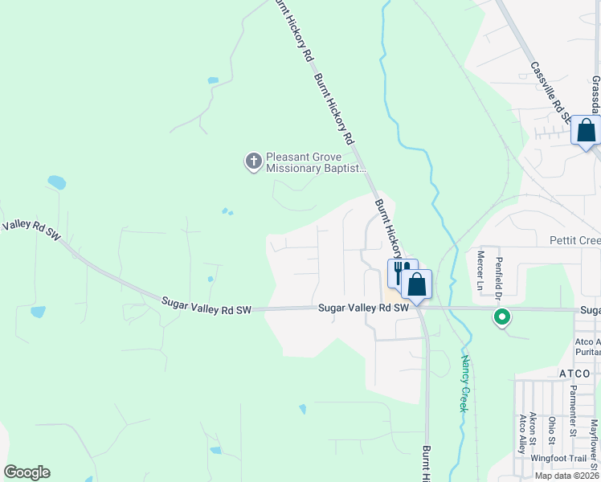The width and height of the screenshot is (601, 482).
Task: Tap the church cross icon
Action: coord(253,161)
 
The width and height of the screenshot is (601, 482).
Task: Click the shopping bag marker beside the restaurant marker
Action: coord(417,284)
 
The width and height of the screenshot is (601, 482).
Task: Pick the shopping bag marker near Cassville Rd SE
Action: coord(586,130)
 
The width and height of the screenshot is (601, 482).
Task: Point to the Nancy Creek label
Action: coord(465,384)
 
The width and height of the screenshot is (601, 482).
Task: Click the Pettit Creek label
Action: coord(574,240)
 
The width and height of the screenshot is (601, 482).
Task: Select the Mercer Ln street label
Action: coord(480,271)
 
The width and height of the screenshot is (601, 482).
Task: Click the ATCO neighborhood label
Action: coord(574,374)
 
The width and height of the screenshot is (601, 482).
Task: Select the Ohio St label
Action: coord(551,430)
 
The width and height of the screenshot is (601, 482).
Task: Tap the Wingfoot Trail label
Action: coord(560,457)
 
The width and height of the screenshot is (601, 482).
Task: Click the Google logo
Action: coord(27,472)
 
